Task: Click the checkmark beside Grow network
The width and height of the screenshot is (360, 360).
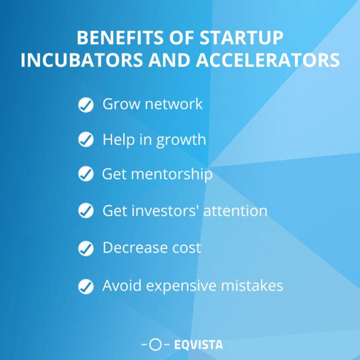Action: click(85, 105)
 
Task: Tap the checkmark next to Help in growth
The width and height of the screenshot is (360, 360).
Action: click(85, 140)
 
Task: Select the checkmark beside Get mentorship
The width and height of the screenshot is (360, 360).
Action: click(85, 174)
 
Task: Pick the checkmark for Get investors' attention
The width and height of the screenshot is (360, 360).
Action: click(85, 211)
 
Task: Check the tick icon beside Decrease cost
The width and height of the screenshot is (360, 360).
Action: click(85, 248)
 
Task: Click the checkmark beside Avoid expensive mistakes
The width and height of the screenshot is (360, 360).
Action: click(85, 285)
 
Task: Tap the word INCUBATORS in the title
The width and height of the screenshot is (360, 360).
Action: click(78, 60)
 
